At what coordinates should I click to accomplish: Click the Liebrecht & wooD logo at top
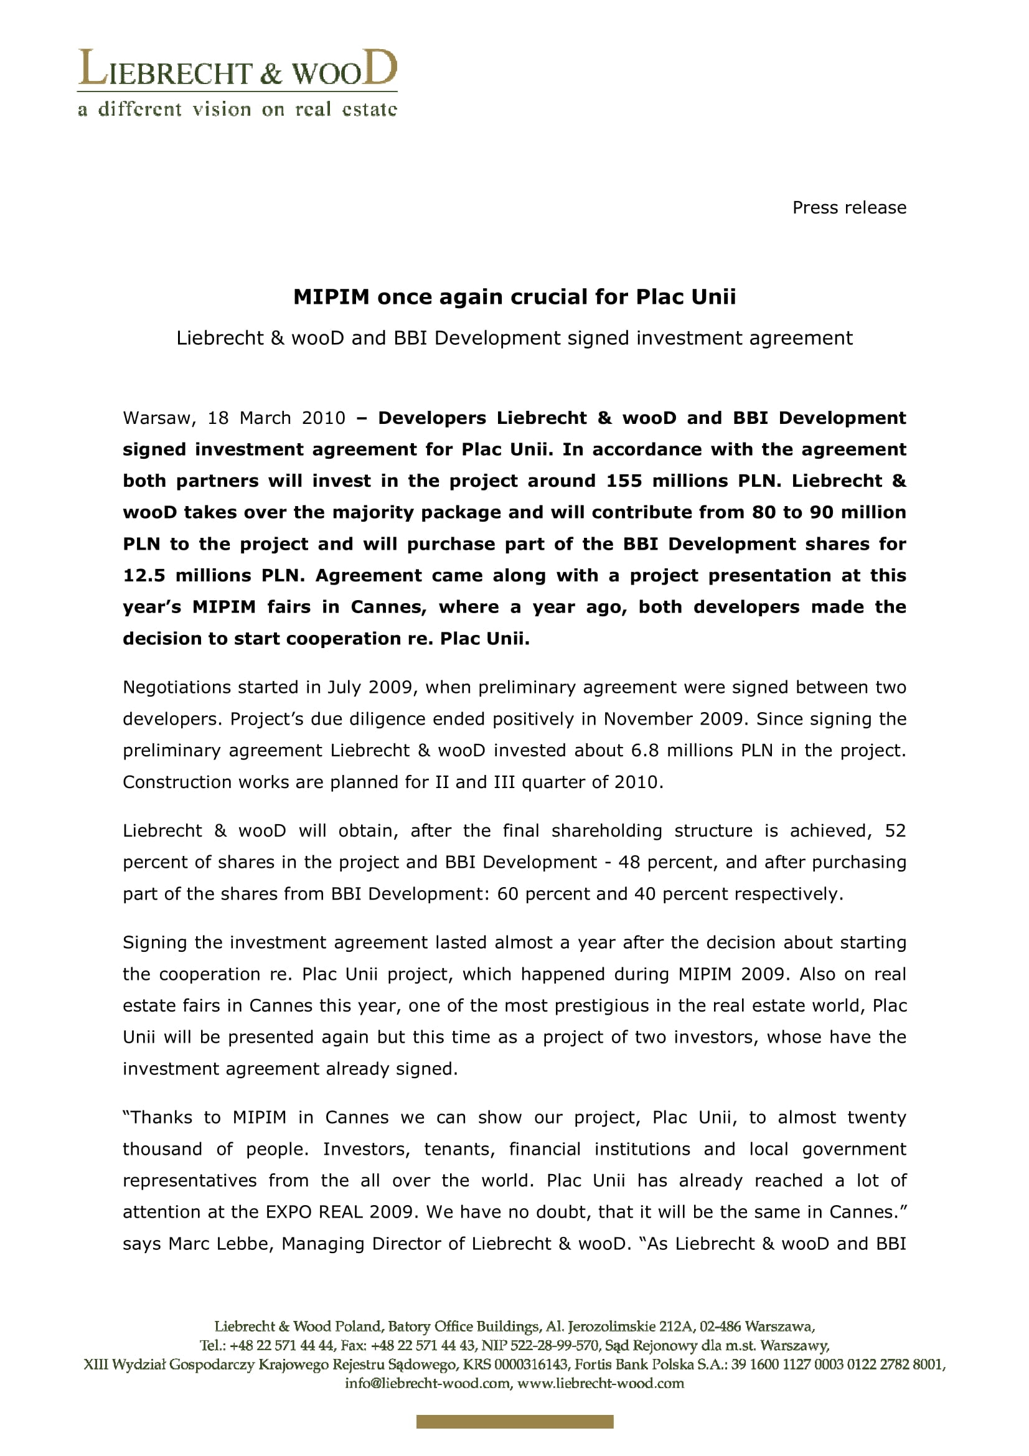click(x=237, y=68)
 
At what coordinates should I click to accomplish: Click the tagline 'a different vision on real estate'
click(x=237, y=110)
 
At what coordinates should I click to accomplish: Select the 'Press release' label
click(x=849, y=208)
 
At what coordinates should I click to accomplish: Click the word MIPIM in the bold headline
click(x=331, y=297)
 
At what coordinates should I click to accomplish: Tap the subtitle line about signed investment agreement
click(x=514, y=338)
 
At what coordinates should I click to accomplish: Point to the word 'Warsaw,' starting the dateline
click(x=159, y=418)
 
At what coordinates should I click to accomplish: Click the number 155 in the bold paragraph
click(x=624, y=481)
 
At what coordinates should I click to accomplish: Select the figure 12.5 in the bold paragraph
click(x=144, y=576)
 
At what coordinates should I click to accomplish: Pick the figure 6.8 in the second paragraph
click(x=645, y=751)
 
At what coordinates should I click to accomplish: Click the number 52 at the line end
click(x=895, y=832)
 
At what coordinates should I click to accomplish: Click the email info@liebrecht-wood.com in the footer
click(x=428, y=1384)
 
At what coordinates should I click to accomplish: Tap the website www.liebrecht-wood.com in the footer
click(x=601, y=1384)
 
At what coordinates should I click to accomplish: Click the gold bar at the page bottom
click(x=514, y=1422)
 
